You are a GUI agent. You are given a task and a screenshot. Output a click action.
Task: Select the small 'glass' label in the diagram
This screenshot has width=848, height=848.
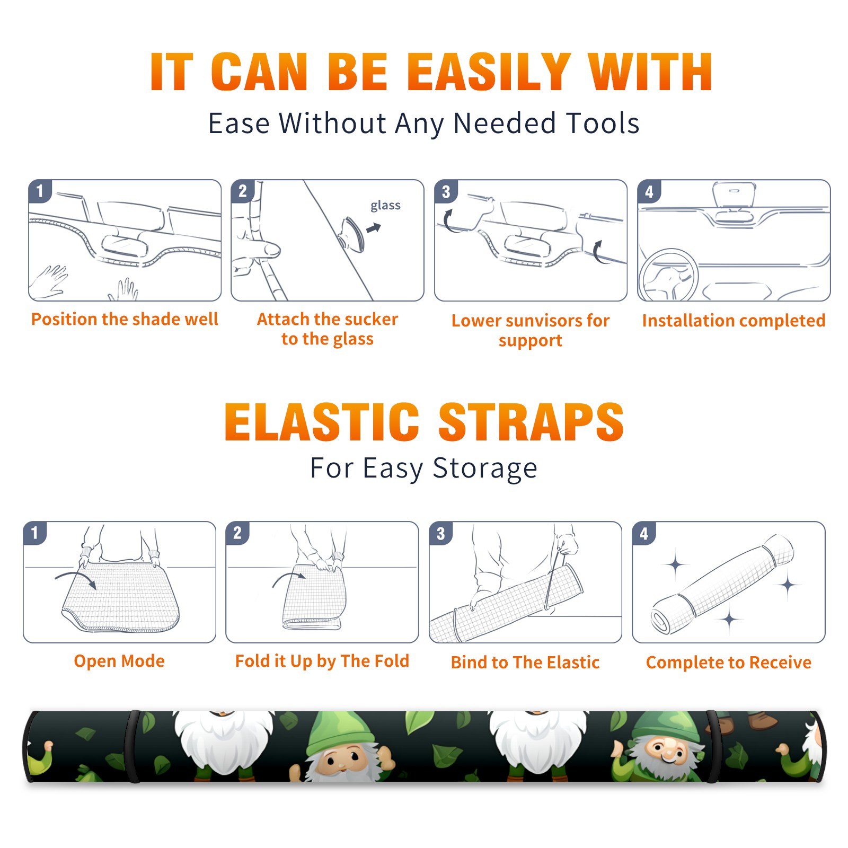click(x=385, y=206)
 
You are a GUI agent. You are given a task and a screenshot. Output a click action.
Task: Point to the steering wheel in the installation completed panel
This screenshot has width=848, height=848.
click(x=668, y=275)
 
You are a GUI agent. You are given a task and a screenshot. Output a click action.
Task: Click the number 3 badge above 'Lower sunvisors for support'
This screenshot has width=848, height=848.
click(x=446, y=192)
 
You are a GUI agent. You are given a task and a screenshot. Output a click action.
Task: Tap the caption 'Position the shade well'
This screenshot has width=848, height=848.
click(x=125, y=319)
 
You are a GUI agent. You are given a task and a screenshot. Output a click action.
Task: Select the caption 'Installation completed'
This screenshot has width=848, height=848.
click(x=734, y=321)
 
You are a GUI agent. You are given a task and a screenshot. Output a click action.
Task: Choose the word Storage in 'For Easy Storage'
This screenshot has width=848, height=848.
click(x=485, y=469)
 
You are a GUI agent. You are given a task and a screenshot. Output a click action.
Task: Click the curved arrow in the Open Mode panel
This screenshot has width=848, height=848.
click(x=75, y=578)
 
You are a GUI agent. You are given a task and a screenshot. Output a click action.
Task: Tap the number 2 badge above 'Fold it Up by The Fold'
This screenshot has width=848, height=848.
click(x=237, y=533)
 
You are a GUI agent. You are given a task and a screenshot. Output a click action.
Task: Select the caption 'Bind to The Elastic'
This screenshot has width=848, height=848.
click(x=525, y=662)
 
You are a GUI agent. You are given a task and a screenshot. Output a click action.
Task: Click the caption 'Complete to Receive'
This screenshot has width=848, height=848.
click(x=729, y=662)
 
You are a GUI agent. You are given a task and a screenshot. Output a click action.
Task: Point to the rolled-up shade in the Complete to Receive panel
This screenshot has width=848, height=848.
click(x=722, y=584)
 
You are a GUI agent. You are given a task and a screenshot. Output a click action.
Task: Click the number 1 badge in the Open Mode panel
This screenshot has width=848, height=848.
click(x=34, y=533)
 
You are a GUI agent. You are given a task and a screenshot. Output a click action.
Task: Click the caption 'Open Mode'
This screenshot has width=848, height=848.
click(x=119, y=661)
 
